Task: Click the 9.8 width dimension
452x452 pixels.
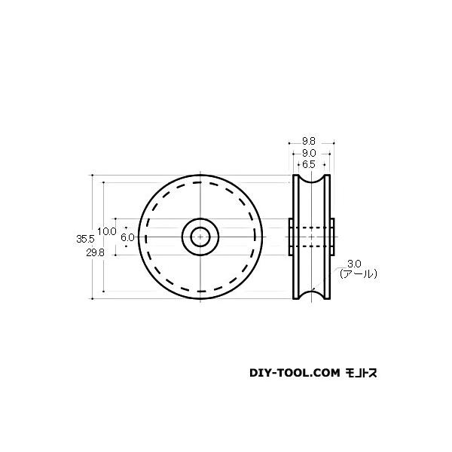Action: (x=309, y=139)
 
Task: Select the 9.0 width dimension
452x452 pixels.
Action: (x=309, y=151)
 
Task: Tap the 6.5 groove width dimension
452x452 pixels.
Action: (x=309, y=163)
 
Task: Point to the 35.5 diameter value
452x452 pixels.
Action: (x=84, y=238)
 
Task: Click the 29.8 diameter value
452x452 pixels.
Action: (x=84, y=253)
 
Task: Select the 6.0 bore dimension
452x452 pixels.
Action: (x=127, y=237)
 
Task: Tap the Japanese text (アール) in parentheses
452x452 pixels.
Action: (x=358, y=274)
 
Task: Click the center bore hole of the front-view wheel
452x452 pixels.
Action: (x=200, y=237)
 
